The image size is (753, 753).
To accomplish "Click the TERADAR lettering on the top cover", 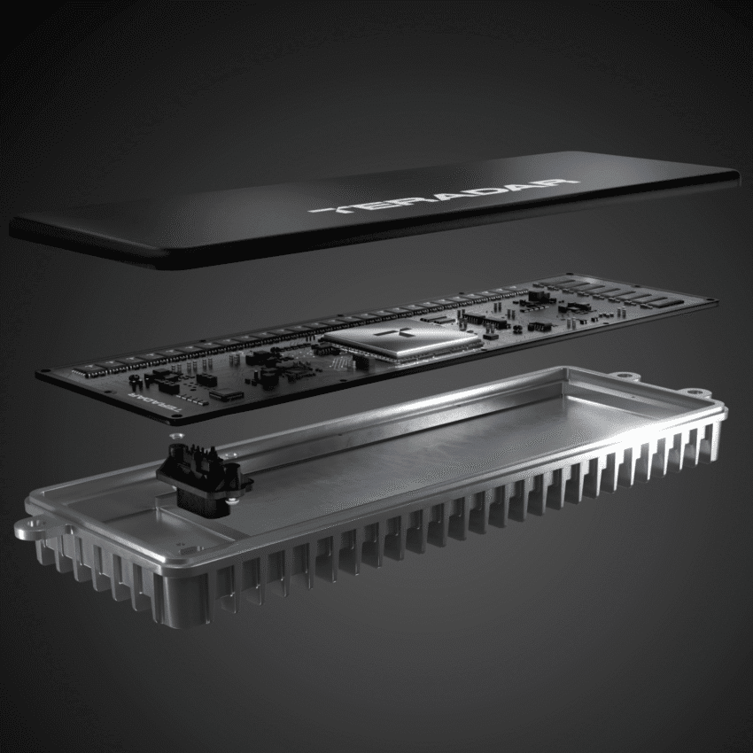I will click(x=443, y=197).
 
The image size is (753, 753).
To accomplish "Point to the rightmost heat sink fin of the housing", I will click(x=714, y=443).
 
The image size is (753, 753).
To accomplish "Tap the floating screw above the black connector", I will click(x=174, y=437).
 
